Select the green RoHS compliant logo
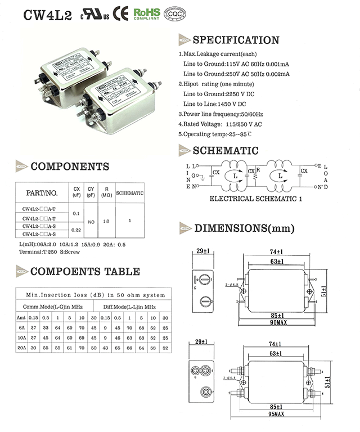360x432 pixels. click(147, 14)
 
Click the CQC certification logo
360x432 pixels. click(175, 14)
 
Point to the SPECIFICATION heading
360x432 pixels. click(236, 40)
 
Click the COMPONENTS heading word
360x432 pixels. click(70, 166)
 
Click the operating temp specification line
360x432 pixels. click(222, 134)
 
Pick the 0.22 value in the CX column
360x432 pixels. click(76, 229)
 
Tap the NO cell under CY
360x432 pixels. click(91, 222)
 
